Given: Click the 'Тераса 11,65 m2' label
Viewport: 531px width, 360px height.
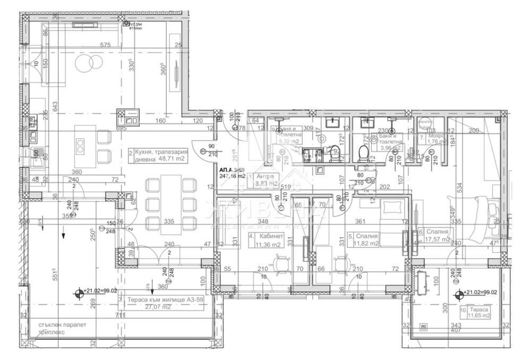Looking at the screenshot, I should [478, 312].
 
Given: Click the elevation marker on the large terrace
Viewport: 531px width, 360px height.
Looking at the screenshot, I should [80, 292].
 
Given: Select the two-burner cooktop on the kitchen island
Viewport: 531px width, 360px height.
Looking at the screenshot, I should [81, 145].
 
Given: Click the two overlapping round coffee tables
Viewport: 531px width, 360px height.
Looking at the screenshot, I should [85, 64].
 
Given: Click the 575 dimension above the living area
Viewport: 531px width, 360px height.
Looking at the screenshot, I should [105, 46].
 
